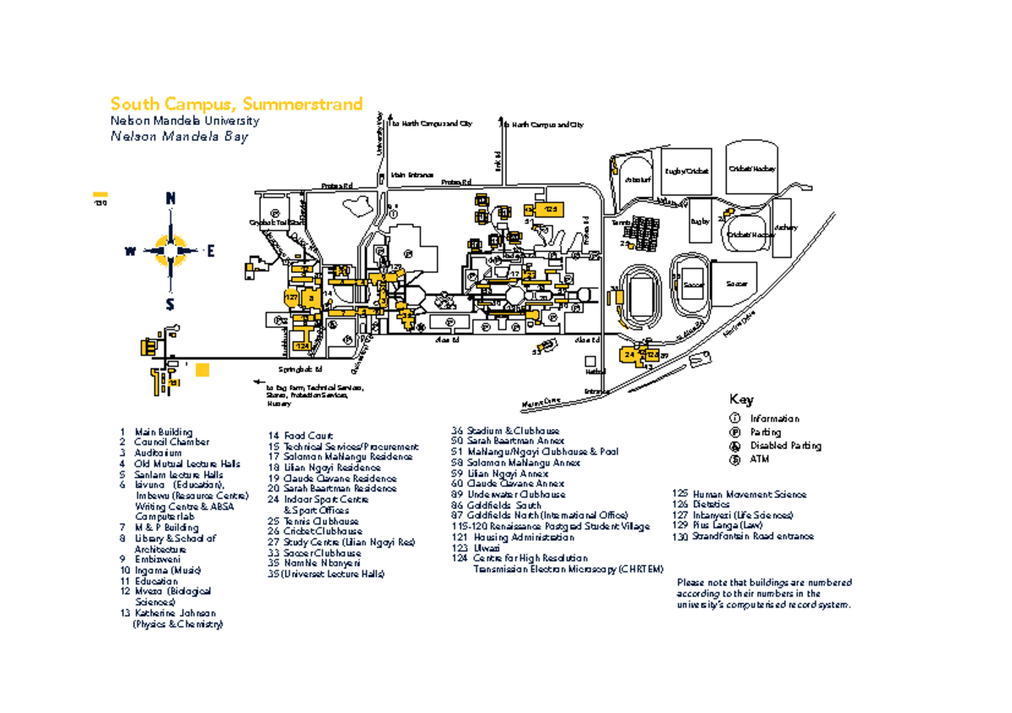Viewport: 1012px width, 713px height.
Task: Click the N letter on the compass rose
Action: pyautogui.click(x=171, y=199)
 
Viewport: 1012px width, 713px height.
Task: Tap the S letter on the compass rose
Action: pyautogui.click(x=170, y=304)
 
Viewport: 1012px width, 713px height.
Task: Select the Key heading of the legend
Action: pyautogui.click(x=742, y=399)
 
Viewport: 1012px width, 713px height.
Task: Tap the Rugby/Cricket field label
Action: pyautogui.click(x=687, y=171)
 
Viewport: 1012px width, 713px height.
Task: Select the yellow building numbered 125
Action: pyautogui.click(x=550, y=208)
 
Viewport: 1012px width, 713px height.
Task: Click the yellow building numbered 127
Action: pyautogui.click(x=290, y=298)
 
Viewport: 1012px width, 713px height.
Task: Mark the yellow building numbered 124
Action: pyautogui.click(x=302, y=346)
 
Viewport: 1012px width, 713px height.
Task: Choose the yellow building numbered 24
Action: pyautogui.click(x=630, y=356)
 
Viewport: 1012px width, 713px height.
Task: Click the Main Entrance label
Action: pyautogui.click(x=411, y=174)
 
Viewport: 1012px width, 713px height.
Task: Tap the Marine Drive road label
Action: pyautogui.click(x=541, y=402)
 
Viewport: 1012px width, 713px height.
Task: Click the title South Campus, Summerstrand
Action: pyautogui.click(x=236, y=105)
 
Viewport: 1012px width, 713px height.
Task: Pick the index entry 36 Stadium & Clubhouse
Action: pyautogui.click(x=506, y=431)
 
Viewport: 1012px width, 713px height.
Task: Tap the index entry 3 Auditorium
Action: pyautogui.click(x=157, y=453)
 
